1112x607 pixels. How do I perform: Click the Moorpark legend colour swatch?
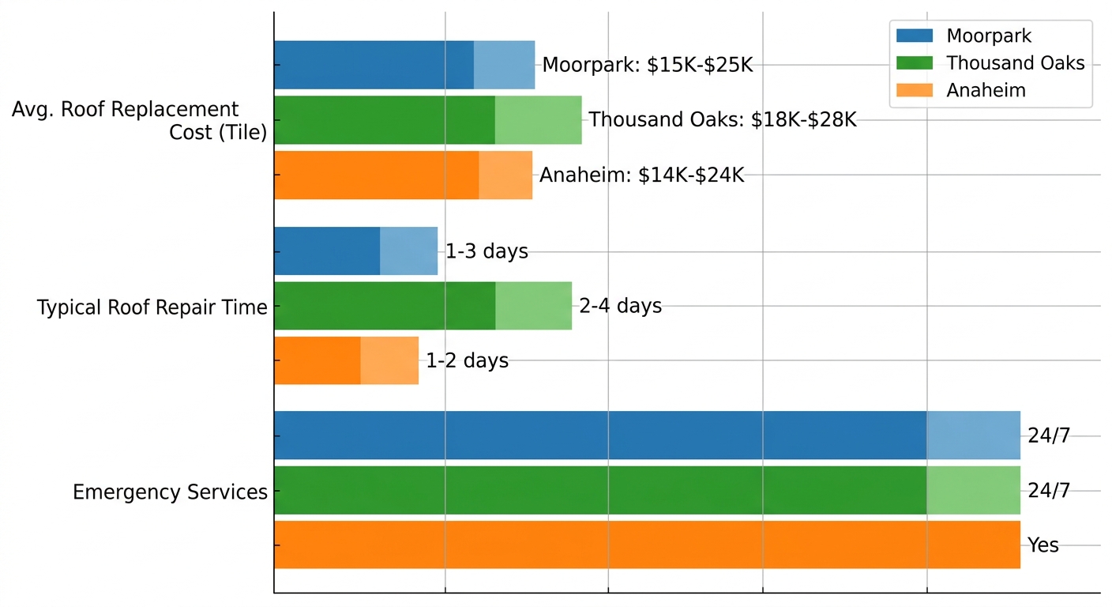(x=915, y=36)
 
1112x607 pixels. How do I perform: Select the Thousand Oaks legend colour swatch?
(x=915, y=63)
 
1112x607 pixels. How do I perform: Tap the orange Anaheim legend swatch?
(x=915, y=91)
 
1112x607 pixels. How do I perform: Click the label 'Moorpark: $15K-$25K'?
(x=648, y=65)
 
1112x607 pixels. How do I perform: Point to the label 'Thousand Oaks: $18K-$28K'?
(x=722, y=120)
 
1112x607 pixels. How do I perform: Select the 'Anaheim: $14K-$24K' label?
(x=641, y=175)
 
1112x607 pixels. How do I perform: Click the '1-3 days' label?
(x=486, y=252)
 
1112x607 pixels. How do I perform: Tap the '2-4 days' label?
(x=620, y=306)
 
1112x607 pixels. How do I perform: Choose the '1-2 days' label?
(x=467, y=361)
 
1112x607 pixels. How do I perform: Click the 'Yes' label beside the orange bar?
(x=1042, y=545)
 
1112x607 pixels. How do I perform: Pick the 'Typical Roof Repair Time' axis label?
(x=152, y=307)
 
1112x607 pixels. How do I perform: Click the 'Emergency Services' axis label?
(x=170, y=492)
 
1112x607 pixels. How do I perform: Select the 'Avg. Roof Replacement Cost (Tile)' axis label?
(x=138, y=120)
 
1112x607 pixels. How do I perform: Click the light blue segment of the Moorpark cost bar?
(x=504, y=65)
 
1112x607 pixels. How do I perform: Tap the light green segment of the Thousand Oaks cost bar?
(x=538, y=120)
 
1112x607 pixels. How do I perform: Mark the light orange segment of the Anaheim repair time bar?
(x=389, y=360)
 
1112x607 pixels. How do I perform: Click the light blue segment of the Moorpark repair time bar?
(x=408, y=251)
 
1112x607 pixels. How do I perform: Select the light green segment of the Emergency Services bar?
(x=973, y=490)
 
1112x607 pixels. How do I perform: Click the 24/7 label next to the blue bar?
(x=1049, y=435)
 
